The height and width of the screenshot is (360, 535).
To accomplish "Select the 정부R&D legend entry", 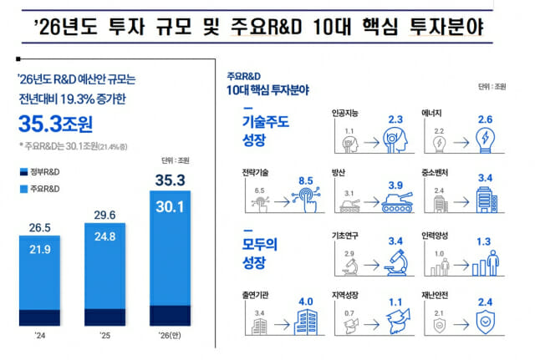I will pos(43,171).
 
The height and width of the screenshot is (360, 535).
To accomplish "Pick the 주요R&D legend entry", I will pos(43,189).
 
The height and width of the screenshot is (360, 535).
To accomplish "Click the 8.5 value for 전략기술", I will pos(307,179).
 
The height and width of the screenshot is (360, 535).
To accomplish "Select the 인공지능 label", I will pos(346,109).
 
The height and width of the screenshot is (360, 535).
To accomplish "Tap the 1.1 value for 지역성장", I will pos(396,303).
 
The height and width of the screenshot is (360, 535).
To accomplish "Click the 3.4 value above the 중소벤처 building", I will pos(484,178).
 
